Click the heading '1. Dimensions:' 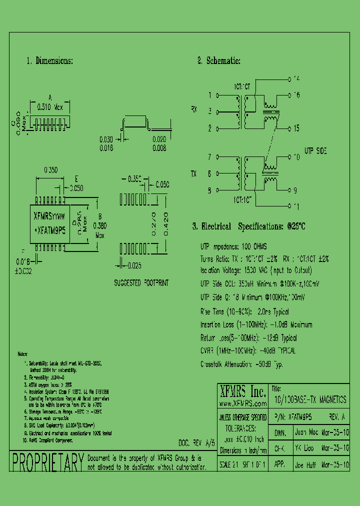(x=50, y=61)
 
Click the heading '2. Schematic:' (x=219, y=61)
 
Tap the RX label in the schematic (x=194, y=109)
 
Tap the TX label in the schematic (x=194, y=173)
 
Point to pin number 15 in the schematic (x=296, y=128)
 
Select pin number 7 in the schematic (x=210, y=156)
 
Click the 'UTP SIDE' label (x=316, y=150)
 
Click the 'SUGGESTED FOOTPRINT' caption (x=141, y=283)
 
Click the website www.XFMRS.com (x=243, y=403)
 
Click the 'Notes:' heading (x=23, y=353)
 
